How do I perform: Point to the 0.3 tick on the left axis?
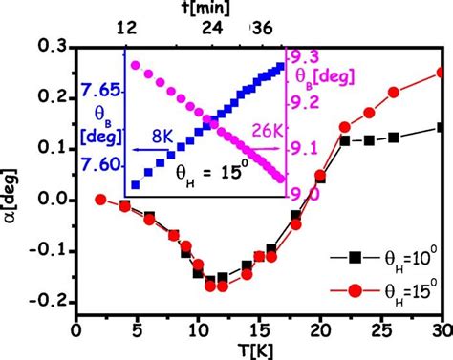pyautogui.click(x=50, y=47)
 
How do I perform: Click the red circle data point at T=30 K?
pyautogui.click(x=441, y=72)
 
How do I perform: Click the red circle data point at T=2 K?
pyautogui.click(x=100, y=200)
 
